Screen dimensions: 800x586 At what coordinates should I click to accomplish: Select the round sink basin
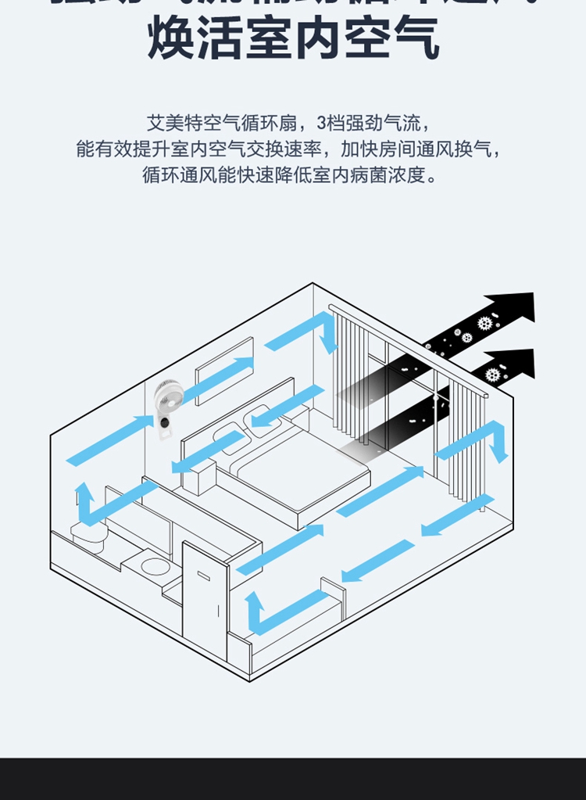point(154,565)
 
